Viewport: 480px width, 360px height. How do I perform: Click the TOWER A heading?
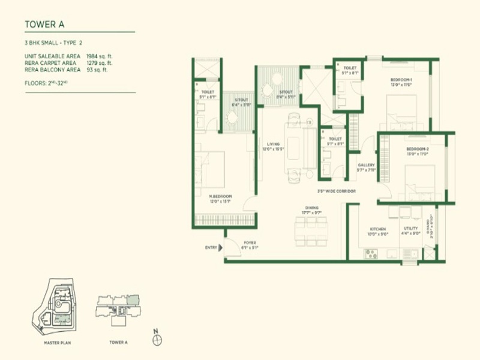coord(44,25)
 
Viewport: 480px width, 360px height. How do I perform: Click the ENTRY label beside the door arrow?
coord(211,247)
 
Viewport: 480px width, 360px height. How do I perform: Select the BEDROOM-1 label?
coord(401,80)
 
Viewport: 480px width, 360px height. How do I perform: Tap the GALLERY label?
coord(366,165)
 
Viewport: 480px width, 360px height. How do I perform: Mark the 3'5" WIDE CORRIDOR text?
coord(337,191)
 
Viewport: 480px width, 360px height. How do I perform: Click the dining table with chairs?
coord(311,230)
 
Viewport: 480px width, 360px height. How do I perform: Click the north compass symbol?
coord(157,339)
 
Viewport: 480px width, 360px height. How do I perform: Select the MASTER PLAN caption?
coord(58,343)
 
